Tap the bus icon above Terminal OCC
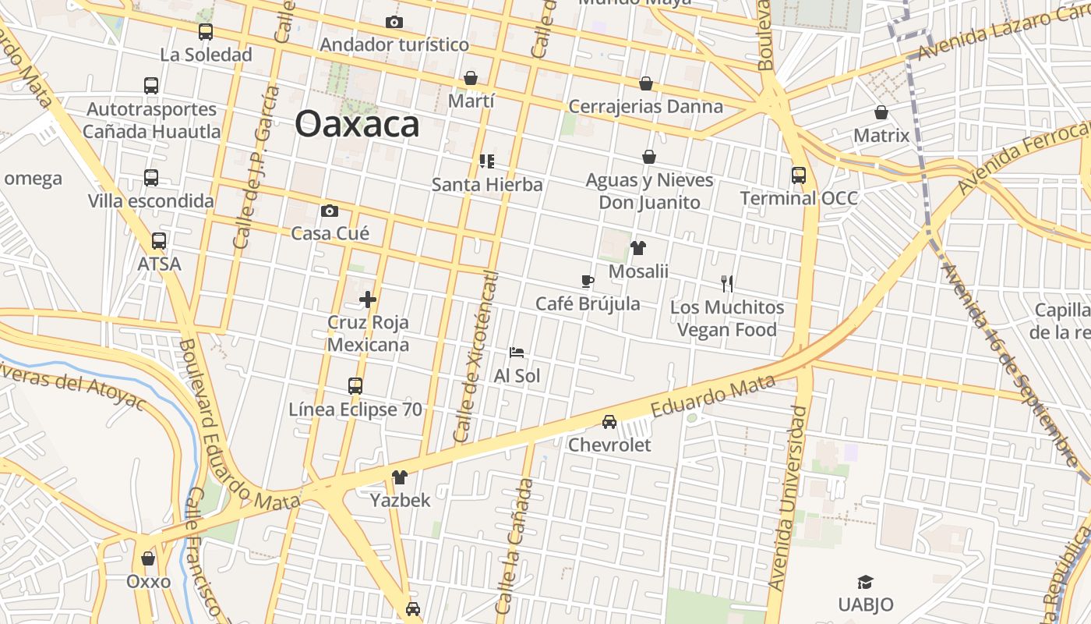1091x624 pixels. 799,175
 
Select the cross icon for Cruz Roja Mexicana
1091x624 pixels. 368,300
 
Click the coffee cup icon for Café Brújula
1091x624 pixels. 588,281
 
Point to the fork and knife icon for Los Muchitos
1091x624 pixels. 727,284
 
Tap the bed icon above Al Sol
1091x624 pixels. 517,353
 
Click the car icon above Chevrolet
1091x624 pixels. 609,422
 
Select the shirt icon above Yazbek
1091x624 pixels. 400,477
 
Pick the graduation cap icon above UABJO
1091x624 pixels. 865,582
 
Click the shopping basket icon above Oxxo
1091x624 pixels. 148,558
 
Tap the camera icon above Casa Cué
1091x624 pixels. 330,211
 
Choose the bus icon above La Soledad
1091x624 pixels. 206,32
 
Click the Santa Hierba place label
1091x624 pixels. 487,185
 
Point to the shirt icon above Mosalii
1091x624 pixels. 638,249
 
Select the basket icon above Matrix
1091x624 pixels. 881,113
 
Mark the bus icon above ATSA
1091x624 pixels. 159,241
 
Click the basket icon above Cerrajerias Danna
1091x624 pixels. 646,83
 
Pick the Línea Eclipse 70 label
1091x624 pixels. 355,409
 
